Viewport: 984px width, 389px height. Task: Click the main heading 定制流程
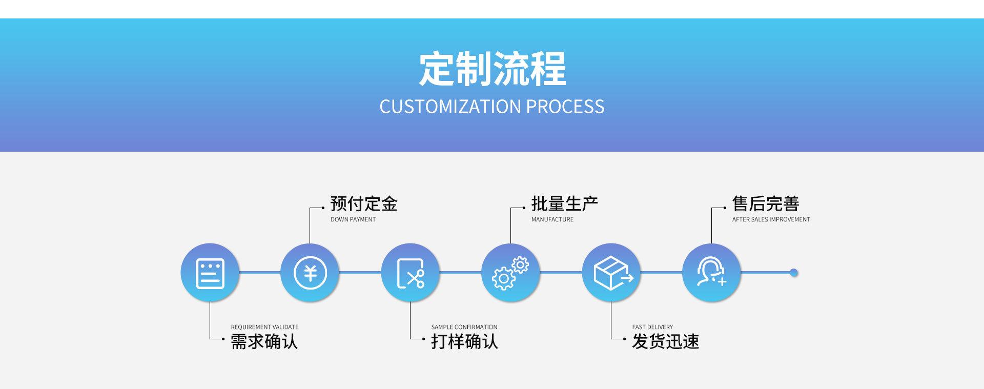pyautogui.click(x=492, y=69)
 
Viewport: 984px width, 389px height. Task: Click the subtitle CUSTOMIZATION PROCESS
pyautogui.click(x=492, y=107)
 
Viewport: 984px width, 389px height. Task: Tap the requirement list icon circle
pyautogui.click(x=210, y=273)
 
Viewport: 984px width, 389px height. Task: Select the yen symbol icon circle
pyautogui.click(x=310, y=273)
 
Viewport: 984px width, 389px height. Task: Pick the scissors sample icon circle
pyautogui.click(x=411, y=273)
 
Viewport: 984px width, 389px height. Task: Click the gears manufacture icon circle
pyautogui.click(x=510, y=273)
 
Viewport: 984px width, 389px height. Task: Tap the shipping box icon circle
pyautogui.click(x=611, y=273)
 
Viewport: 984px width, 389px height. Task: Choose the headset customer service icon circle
pyautogui.click(x=711, y=273)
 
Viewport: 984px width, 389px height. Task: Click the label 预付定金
pyautogui.click(x=364, y=204)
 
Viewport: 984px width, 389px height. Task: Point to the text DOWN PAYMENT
pyautogui.click(x=353, y=219)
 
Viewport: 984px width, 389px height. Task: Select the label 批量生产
pyautogui.click(x=565, y=204)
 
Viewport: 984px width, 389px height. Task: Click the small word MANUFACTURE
pyautogui.click(x=552, y=219)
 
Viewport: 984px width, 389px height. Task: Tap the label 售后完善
pyautogui.click(x=766, y=204)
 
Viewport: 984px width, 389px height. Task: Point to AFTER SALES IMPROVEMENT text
pyautogui.click(x=771, y=219)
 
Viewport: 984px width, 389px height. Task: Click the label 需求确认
pyautogui.click(x=264, y=341)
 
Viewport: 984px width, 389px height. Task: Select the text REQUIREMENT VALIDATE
pyautogui.click(x=264, y=327)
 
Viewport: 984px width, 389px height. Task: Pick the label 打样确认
pyautogui.click(x=464, y=341)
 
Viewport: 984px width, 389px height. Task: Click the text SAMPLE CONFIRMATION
pyautogui.click(x=464, y=327)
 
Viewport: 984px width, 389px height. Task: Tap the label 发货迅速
pyautogui.click(x=665, y=341)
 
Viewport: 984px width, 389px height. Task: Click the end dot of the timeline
pyautogui.click(x=794, y=273)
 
